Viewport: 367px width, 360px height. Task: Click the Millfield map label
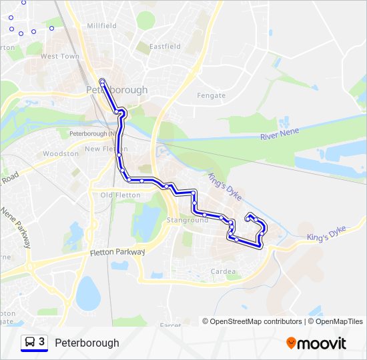coord(101,26)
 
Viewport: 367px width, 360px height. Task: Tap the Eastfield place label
coord(165,47)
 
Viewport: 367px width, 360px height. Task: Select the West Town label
coord(60,57)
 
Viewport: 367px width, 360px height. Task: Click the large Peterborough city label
coord(117,90)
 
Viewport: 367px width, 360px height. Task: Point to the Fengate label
coord(211,96)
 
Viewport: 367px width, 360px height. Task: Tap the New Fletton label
coord(101,149)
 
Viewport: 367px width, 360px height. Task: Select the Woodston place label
coord(61,154)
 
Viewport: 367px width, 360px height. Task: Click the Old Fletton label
coord(120,195)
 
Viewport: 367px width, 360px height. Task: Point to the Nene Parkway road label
coord(16,227)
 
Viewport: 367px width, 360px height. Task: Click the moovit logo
coord(316,343)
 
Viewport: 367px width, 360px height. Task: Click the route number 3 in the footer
coord(42,342)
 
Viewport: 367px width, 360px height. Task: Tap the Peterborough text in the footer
coord(87,343)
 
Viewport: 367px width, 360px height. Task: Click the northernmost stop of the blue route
coord(102,81)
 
